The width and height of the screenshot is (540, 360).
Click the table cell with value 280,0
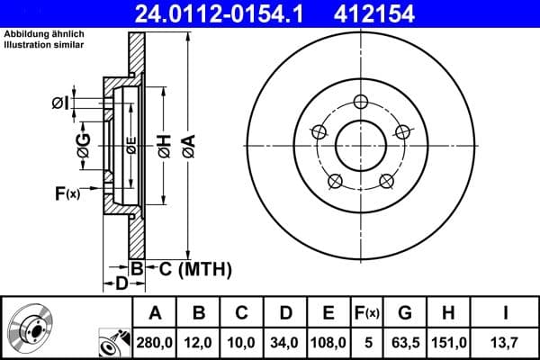pyautogui.click(x=155, y=343)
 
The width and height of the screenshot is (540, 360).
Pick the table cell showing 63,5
pyautogui.click(x=405, y=343)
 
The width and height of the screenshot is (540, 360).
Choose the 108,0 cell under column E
pyautogui.click(x=328, y=343)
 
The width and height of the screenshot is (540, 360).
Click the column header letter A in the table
pyautogui.click(x=155, y=313)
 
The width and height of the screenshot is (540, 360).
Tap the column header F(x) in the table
pyautogui.click(x=367, y=313)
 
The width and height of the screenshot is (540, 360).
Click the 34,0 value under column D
pyautogui.click(x=285, y=343)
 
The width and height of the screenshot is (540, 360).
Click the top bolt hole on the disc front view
pyautogui.click(x=361, y=101)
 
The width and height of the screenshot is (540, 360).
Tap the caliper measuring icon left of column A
pyautogui.click(x=112, y=343)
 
